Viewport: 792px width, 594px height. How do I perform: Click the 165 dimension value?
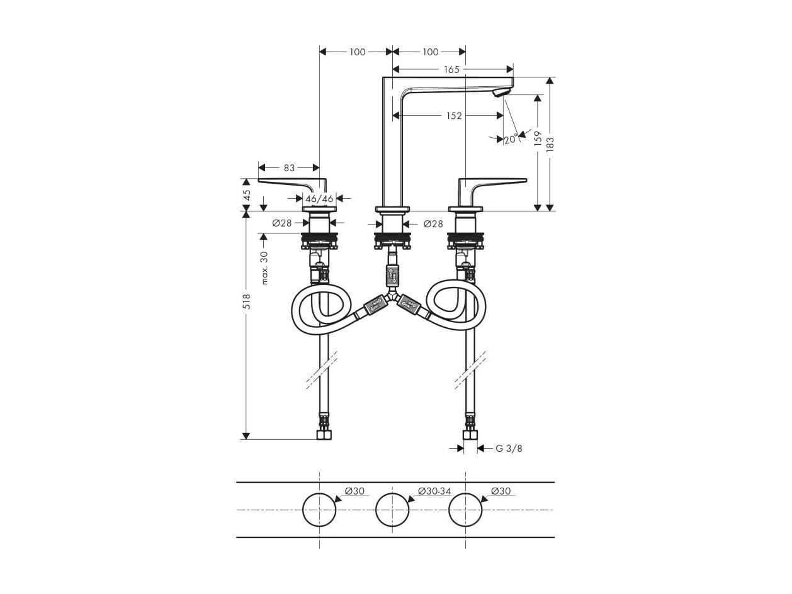coord(451,69)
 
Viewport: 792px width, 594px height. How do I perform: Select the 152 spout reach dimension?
coord(453,115)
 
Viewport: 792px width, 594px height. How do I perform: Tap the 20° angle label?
coord(511,139)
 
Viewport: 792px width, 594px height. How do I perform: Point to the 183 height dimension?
coord(550,144)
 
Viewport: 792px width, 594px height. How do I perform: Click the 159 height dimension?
coord(538,138)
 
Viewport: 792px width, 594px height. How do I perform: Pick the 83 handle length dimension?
coord(289,168)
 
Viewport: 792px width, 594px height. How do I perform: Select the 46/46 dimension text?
coord(319,199)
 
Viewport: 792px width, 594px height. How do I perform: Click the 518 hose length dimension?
coord(247,301)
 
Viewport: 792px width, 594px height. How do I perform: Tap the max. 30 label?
coord(264,268)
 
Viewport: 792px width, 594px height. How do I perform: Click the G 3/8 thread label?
coord(509,448)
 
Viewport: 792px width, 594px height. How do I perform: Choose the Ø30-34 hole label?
coord(434,491)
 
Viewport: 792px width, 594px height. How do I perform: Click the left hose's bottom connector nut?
coord(324,435)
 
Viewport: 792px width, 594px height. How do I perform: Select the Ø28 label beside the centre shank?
coord(433,224)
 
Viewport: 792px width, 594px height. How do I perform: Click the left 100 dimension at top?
coord(357,52)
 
